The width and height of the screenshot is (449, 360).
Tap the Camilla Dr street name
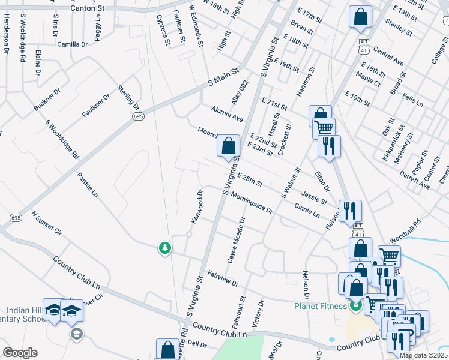[x=72, y=44]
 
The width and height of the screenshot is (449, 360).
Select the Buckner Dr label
[x=47, y=100]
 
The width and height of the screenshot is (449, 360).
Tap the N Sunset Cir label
[x=47, y=222]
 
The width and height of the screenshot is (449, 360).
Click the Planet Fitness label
[x=321, y=306]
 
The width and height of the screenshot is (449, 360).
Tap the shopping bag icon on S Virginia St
[x=228, y=146]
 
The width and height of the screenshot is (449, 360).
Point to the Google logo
[x=19, y=353]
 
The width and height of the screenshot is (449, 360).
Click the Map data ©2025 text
[x=423, y=355]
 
